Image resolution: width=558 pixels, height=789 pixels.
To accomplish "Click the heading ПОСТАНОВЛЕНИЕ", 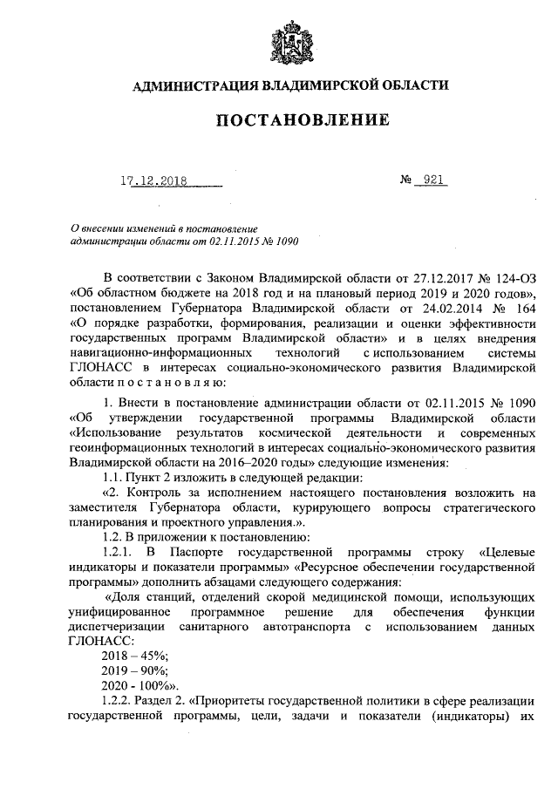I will point(290,119).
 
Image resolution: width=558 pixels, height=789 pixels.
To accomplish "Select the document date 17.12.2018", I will point(155,181).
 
